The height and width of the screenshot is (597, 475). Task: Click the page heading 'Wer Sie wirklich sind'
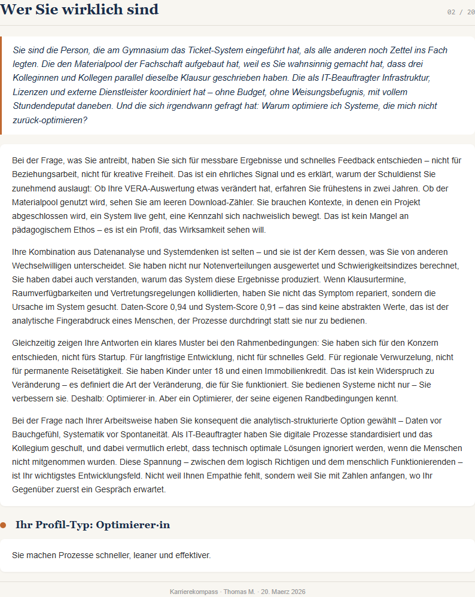coord(80,10)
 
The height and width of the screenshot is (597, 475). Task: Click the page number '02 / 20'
coord(461,12)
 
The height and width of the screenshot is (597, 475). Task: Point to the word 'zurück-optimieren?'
coord(50,120)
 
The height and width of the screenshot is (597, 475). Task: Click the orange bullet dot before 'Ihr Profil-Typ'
coord(3,525)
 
